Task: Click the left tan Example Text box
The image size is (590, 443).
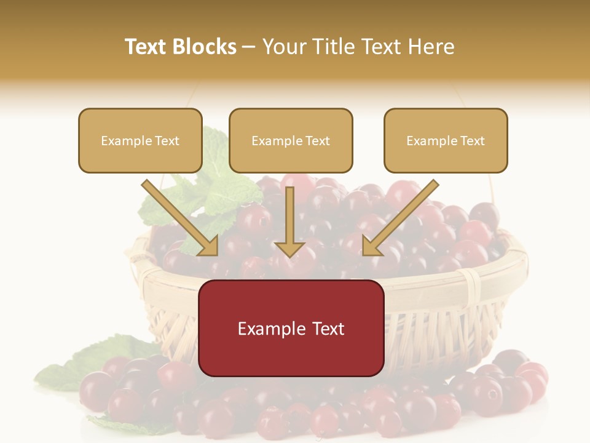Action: click(x=140, y=140)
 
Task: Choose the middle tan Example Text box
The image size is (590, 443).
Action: click(x=291, y=140)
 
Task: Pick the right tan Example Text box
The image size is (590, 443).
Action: click(x=446, y=140)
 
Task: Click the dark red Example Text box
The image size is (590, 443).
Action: click(x=291, y=328)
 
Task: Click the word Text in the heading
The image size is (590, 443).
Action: click(x=147, y=47)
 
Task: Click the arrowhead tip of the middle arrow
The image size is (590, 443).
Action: click(x=289, y=256)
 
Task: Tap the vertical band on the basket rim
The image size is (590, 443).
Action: click(x=473, y=286)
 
